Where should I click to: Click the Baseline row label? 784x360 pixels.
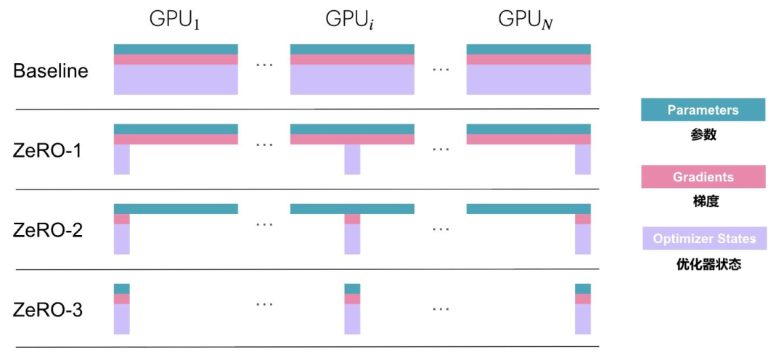[x=51, y=71]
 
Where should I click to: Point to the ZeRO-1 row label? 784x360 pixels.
[x=48, y=151]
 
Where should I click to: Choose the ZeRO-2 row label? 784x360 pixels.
[x=48, y=231]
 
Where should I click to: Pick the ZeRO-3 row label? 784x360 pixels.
[x=48, y=311]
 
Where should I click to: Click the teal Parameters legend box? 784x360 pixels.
[x=703, y=110]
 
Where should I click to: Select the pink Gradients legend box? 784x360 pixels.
[x=703, y=177]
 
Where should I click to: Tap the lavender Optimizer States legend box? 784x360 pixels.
[x=703, y=239]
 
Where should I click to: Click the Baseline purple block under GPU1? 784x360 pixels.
[x=176, y=80]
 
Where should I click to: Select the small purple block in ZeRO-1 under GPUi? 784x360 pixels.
[x=352, y=160]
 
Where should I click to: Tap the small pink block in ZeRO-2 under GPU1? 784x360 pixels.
[x=121, y=218]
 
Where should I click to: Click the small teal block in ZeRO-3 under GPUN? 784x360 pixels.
[x=583, y=288]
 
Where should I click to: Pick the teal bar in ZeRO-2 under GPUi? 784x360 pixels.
[x=352, y=208]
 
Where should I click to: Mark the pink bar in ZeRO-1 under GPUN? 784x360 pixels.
[x=528, y=139]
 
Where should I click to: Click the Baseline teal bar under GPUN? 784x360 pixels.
[x=528, y=49]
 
